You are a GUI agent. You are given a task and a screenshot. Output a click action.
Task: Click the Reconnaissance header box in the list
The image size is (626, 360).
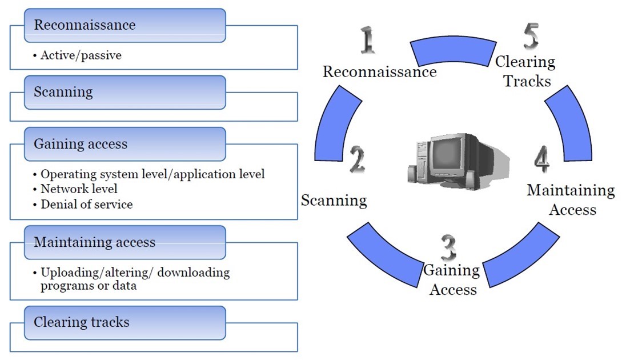tap(125, 25)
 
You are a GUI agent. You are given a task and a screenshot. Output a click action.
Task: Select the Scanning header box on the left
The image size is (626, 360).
tap(125, 92)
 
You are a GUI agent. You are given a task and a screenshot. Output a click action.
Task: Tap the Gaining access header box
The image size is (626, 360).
tap(125, 144)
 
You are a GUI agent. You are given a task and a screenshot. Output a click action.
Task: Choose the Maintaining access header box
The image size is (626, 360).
tap(125, 242)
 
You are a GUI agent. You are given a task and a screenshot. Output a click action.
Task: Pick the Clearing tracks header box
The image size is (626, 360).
tap(125, 322)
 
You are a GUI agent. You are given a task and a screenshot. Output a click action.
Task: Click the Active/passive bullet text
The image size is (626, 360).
tap(81, 55)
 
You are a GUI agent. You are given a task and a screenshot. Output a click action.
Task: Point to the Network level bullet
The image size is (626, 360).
tap(79, 189)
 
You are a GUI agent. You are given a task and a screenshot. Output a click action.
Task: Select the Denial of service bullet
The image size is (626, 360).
tap(86, 204)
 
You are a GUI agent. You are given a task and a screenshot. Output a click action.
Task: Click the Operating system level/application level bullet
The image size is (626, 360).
tap(153, 174)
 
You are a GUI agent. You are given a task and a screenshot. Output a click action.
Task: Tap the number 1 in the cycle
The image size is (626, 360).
tap(367, 41)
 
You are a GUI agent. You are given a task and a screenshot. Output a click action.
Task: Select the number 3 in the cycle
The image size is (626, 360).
tap(449, 247)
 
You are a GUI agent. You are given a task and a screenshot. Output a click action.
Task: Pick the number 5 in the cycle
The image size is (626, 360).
tap(531, 37)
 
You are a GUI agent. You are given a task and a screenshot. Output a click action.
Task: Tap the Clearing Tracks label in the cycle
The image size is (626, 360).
tap(525, 71)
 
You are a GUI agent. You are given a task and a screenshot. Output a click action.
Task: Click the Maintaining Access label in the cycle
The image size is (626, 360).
tap(571, 199)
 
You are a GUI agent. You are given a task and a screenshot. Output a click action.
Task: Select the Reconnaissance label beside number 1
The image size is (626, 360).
tap(380, 72)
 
